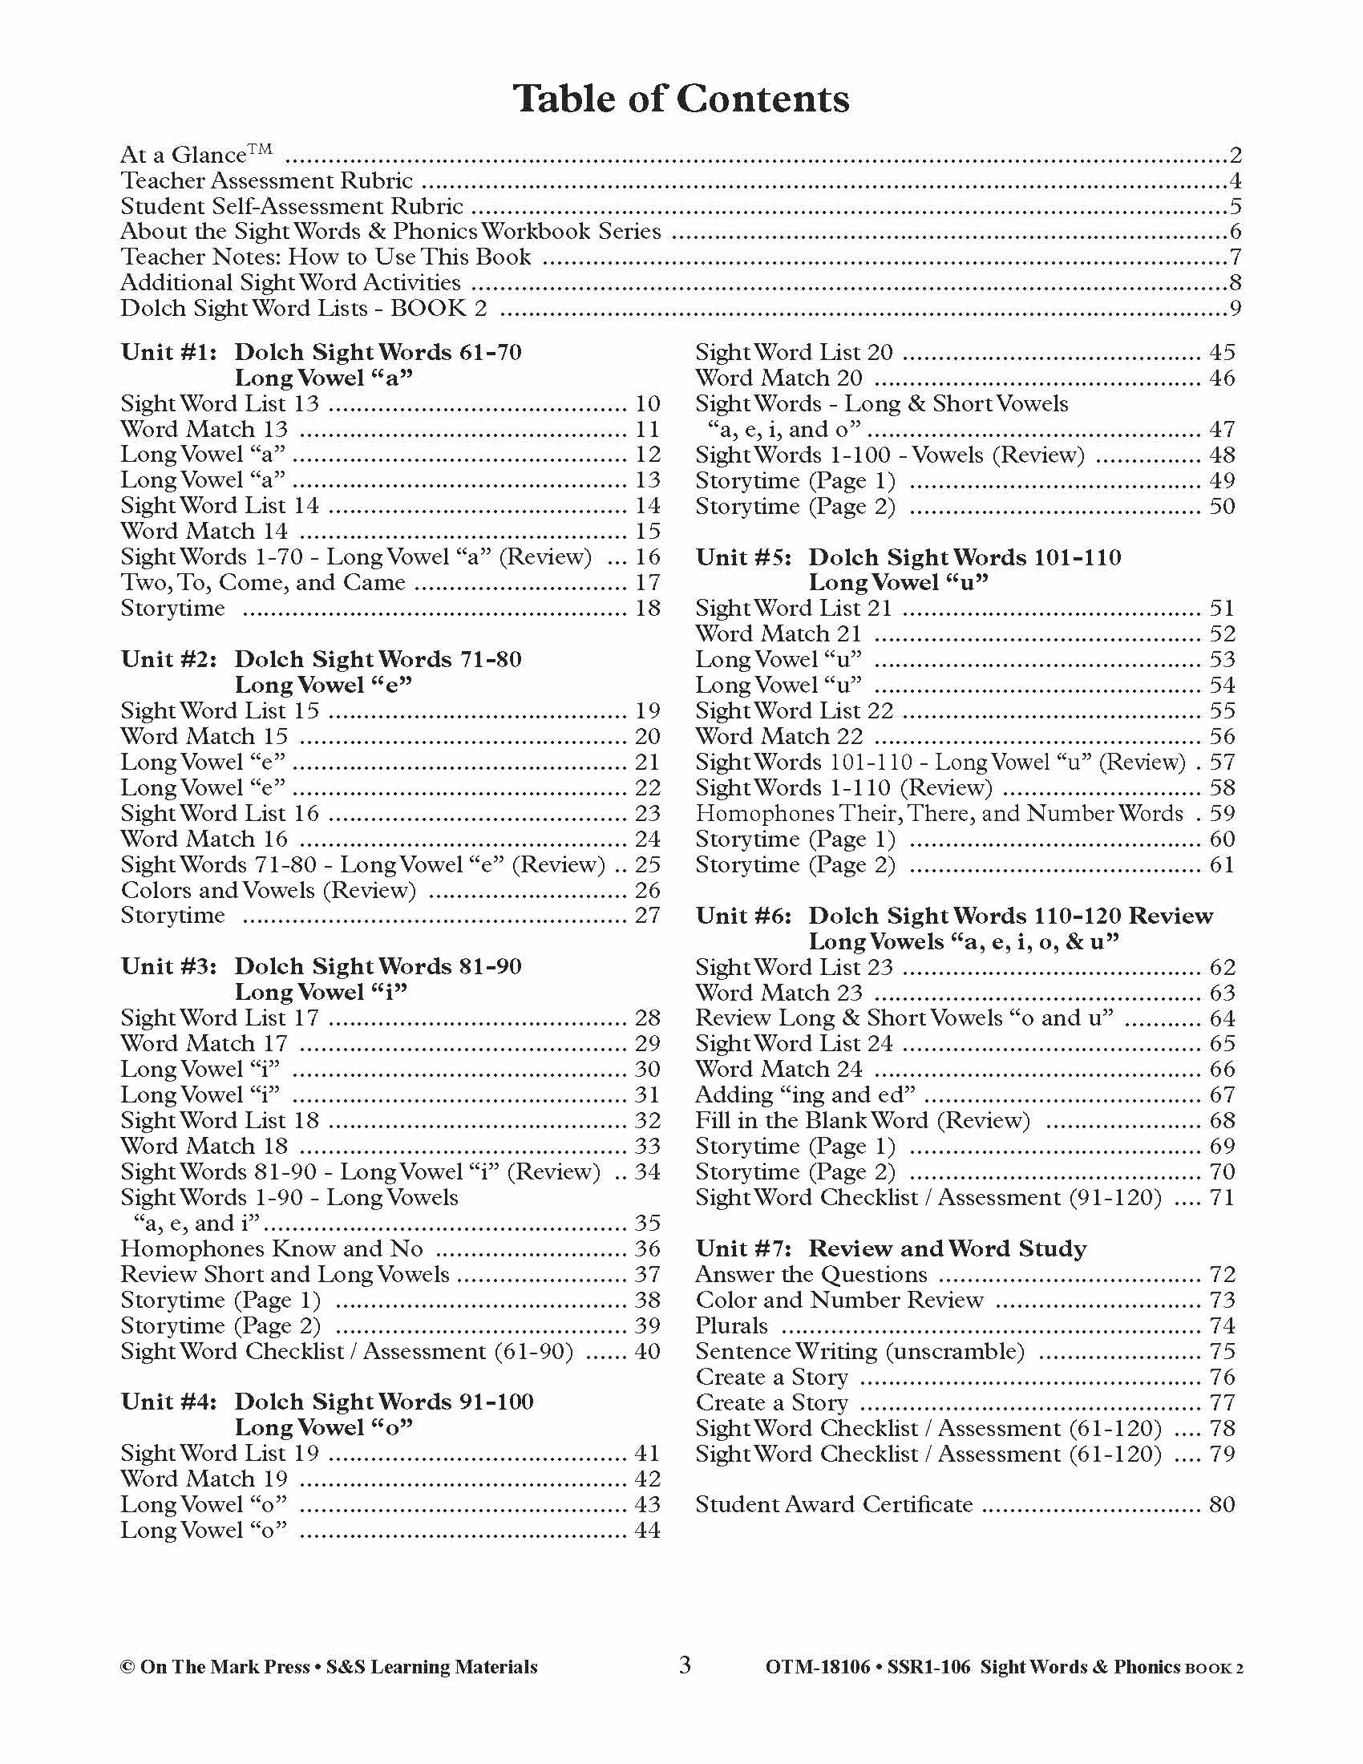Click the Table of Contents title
681,99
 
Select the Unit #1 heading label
168,352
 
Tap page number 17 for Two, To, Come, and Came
648,582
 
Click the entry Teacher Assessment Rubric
266,180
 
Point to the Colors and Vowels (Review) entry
268,890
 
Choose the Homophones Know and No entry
271,1248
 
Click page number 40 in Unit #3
648,1351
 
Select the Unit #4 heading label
168,1402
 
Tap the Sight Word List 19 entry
220,1453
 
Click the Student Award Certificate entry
833,1504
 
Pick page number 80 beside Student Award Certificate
1222,1504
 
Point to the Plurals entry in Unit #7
731,1325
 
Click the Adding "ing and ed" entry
805,1094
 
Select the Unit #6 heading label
743,916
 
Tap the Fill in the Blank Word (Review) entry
863,1120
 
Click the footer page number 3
685,1665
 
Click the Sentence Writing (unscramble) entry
859,1351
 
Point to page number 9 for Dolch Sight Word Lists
1235,308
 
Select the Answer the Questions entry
811,1275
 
